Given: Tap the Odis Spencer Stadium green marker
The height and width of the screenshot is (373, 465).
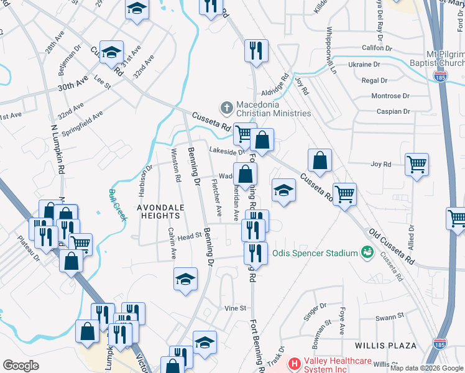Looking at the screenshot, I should [x=367, y=252].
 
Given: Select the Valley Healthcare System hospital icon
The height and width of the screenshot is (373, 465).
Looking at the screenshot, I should [x=295, y=363].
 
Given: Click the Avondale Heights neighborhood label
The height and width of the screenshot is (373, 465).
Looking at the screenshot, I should [x=159, y=211].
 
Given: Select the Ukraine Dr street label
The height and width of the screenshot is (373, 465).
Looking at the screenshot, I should [x=364, y=65].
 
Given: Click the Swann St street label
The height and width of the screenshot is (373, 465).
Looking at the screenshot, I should [x=390, y=317].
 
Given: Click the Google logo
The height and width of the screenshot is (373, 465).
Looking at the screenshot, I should [x=21, y=366].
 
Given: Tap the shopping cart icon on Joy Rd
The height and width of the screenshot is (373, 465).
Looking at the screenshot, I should [x=417, y=165].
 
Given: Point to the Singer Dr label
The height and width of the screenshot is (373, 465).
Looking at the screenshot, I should [x=314, y=313].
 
